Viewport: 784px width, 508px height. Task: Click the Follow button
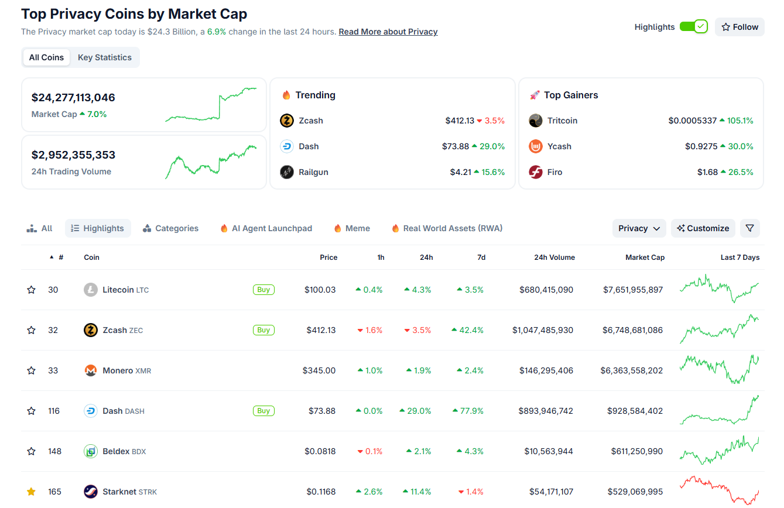(740, 27)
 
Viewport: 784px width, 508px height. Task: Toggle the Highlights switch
(694, 27)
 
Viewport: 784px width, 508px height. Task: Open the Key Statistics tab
(105, 57)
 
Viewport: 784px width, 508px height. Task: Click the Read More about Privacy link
(388, 32)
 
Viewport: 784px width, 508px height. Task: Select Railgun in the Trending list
(314, 172)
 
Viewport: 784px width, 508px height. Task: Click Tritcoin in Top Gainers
(562, 121)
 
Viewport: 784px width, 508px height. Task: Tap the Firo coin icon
(536, 172)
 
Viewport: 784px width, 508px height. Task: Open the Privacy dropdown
(639, 228)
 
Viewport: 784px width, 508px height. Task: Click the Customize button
(703, 228)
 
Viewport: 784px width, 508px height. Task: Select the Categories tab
(170, 228)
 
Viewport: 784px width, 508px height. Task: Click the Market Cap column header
(645, 258)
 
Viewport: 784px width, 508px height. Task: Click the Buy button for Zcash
(263, 330)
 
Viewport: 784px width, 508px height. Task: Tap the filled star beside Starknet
(32, 492)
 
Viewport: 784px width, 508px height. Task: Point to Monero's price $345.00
(319, 370)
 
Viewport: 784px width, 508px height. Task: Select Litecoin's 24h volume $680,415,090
(546, 290)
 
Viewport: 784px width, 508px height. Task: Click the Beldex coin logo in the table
(91, 451)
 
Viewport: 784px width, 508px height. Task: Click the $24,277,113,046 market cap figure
(73, 98)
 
